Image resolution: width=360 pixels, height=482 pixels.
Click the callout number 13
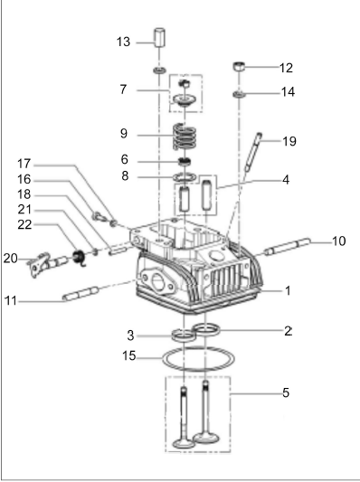pos(123,42)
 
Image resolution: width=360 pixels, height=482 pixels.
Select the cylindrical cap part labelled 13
pos(159,37)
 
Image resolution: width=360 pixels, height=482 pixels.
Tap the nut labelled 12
pos(239,66)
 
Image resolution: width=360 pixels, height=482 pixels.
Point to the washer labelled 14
pos(239,94)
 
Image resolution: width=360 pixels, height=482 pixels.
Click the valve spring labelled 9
pos(185,137)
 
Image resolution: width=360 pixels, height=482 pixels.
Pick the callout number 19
pos(289,141)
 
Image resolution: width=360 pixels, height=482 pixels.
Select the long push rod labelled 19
pos(253,152)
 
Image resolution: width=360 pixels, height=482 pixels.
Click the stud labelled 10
pos(288,247)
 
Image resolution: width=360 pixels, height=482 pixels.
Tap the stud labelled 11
pos(81,293)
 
